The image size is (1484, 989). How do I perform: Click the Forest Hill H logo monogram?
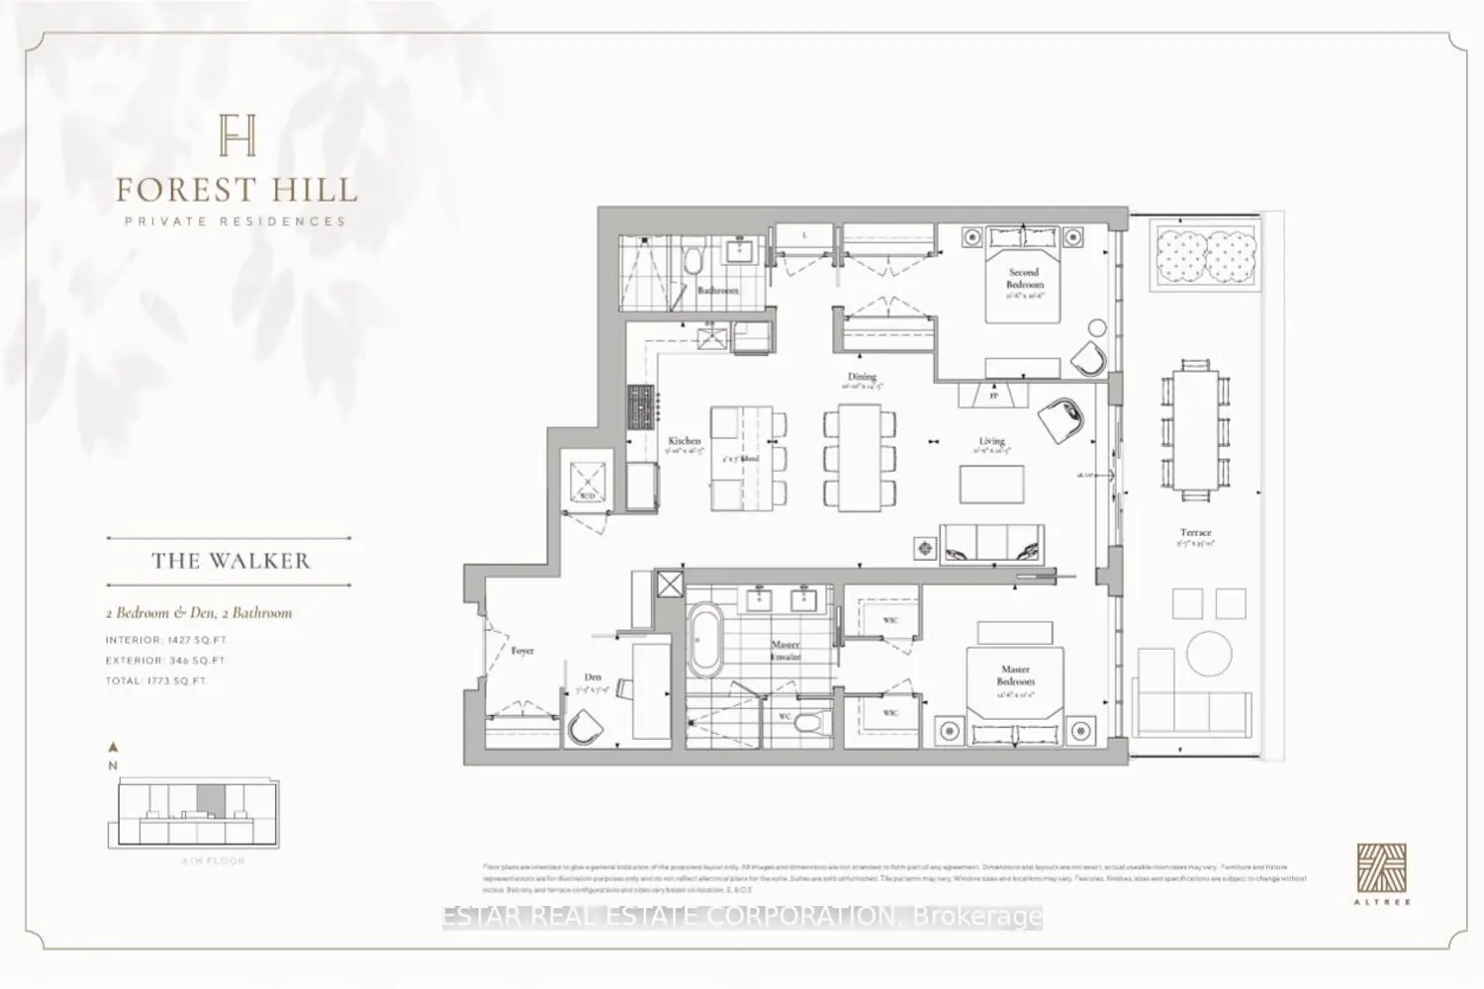pyautogui.click(x=236, y=135)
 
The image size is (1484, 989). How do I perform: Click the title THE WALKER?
pyautogui.click(x=231, y=561)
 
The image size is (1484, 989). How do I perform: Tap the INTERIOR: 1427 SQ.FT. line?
pyautogui.click(x=167, y=640)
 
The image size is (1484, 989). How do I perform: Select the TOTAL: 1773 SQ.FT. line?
pyautogui.click(x=157, y=680)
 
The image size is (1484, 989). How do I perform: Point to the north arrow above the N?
pyautogui.click(x=114, y=748)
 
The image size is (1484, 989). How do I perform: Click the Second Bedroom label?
pyautogui.click(x=1024, y=278)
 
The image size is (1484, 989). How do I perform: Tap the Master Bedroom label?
pyautogui.click(x=1015, y=675)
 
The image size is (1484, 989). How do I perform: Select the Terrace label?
pyautogui.click(x=1195, y=533)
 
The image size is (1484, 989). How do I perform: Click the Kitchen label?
pyautogui.click(x=684, y=441)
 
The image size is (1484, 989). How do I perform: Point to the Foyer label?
pyautogui.click(x=522, y=651)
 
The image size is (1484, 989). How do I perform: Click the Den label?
pyautogui.click(x=593, y=677)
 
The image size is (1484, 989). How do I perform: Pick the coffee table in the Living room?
pyautogui.click(x=990, y=485)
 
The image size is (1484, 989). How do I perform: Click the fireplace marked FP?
pyautogui.click(x=993, y=395)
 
